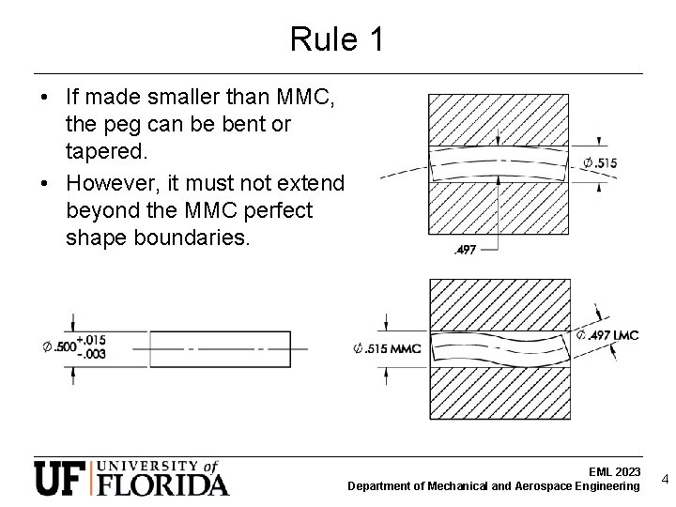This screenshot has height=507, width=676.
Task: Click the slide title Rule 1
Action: tap(337, 39)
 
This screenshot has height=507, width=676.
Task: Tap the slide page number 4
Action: tap(665, 479)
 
